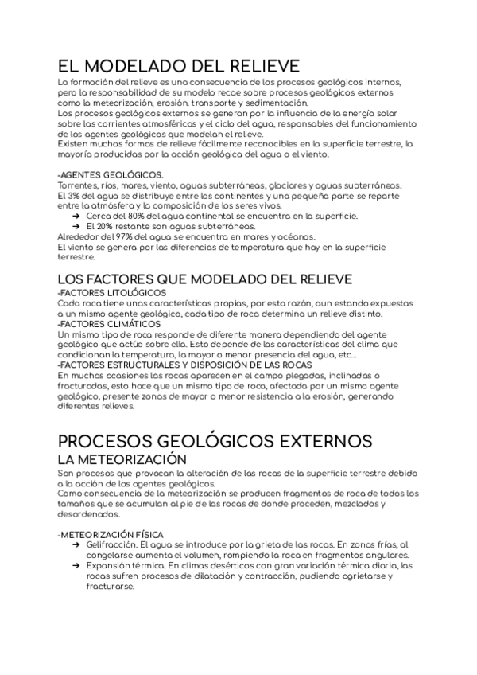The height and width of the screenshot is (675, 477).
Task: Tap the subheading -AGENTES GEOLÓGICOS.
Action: point(111,174)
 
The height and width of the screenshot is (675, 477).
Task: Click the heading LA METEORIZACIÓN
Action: point(122,460)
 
